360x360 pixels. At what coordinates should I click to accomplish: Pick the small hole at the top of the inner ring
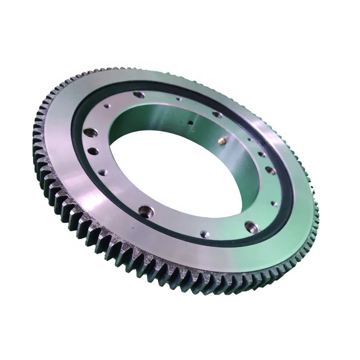coord(179,97)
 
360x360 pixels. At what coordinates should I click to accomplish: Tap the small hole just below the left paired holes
coord(102,171)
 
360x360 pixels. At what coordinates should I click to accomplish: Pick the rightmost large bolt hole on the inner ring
coord(270,170)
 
